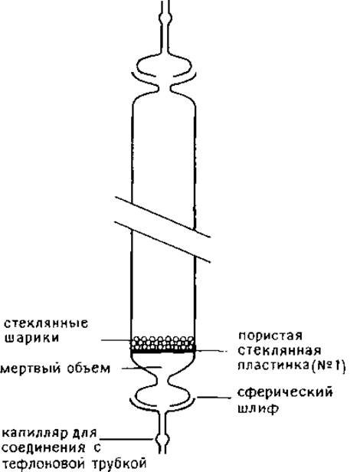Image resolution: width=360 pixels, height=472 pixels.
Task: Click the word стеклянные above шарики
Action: pos(46,323)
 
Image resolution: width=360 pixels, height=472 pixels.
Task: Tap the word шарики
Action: pos(31,338)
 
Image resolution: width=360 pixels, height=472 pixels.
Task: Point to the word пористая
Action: pos(270,336)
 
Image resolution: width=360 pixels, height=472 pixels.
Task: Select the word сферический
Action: pos(286,393)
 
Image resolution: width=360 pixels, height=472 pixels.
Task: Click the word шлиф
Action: pos(257,409)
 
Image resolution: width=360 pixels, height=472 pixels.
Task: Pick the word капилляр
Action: pos(36,434)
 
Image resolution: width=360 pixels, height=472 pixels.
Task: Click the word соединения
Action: pos(44,448)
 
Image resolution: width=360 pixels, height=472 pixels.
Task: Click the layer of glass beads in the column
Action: pos(163,343)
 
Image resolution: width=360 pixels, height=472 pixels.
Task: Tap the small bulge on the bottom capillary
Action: pos(163,440)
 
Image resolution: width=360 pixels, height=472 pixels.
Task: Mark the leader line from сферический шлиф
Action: pos(214,398)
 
